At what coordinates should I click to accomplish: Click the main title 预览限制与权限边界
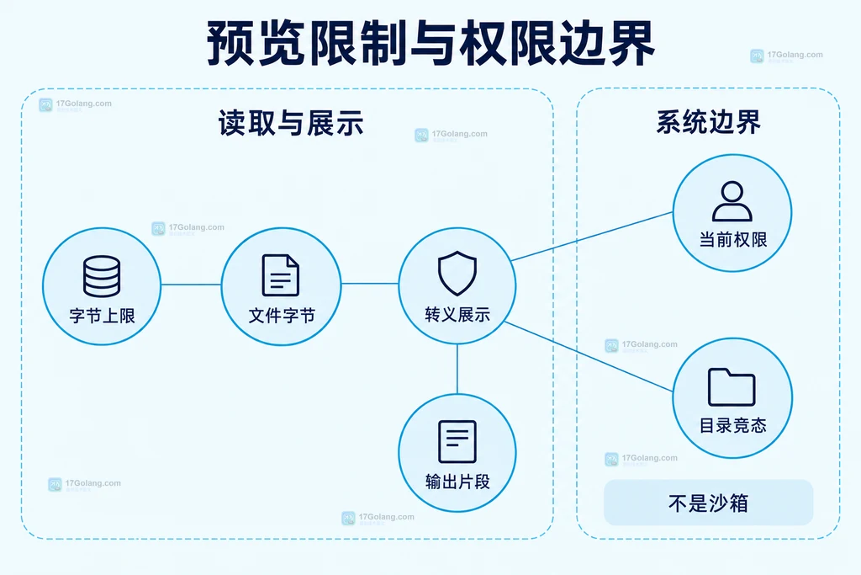(430, 43)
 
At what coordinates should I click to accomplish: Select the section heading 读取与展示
(291, 123)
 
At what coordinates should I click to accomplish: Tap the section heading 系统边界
(708, 121)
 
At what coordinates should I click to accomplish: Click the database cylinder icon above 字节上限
(102, 276)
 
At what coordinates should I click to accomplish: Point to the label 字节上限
(102, 316)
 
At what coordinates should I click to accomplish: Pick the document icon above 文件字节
(281, 274)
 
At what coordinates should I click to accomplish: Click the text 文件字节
(282, 315)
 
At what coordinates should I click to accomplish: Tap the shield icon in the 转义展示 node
(457, 274)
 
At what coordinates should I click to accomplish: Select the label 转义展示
(457, 314)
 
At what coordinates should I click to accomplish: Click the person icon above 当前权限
(732, 200)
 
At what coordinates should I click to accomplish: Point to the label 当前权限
(733, 240)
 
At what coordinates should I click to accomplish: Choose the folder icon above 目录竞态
(732, 387)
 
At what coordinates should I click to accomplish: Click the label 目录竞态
(733, 425)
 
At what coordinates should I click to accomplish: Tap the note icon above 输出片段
(457, 441)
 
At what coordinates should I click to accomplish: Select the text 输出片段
(457, 482)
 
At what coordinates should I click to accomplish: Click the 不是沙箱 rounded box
(708, 503)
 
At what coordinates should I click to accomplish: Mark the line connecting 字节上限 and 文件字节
(191, 285)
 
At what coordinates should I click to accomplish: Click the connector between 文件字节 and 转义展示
(370, 284)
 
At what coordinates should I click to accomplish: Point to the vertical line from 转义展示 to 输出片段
(457, 369)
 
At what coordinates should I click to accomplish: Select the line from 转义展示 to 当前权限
(592, 237)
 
